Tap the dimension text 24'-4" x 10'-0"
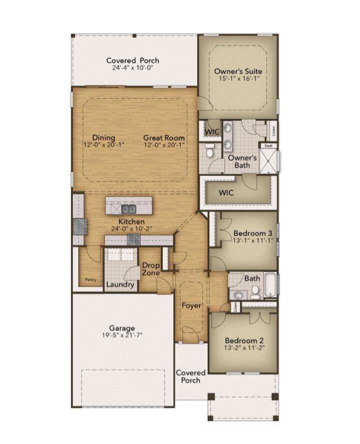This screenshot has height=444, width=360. (x=133, y=68)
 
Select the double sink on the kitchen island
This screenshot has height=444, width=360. (x=128, y=209)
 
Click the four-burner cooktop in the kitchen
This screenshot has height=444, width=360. (x=133, y=240)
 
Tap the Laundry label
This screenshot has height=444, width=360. (x=121, y=285)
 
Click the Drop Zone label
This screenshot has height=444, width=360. (x=151, y=269)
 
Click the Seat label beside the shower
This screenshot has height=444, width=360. (x=268, y=146)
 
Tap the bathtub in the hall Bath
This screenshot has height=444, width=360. (x=270, y=285)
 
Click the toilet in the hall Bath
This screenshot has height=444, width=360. (x=255, y=290)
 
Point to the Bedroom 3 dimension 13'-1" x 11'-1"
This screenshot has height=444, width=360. (x=253, y=240)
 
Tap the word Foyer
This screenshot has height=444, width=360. (x=191, y=305)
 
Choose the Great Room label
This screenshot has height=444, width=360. (x=164, y=138)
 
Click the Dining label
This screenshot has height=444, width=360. (x=104, y=138)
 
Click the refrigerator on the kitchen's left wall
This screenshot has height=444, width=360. (x=79, y=227)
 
